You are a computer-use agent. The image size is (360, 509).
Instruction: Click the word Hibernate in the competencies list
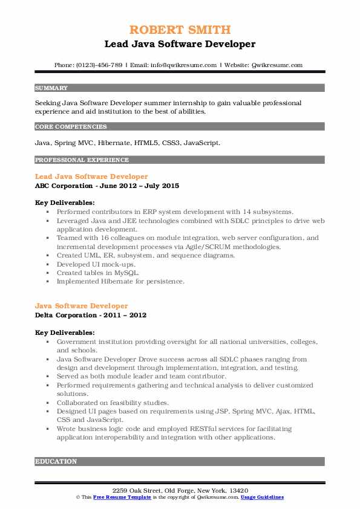(116, 143)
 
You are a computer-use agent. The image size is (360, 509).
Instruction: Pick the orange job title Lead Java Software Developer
(91, 177)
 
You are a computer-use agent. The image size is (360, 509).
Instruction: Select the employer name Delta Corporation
(67, 315)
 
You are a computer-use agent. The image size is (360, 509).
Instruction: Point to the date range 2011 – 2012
(125, 315)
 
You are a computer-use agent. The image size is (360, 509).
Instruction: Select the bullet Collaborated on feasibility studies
(113, 402)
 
